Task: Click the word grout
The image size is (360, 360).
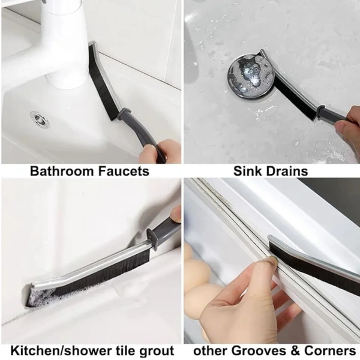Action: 156,351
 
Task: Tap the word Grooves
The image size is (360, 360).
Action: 258,350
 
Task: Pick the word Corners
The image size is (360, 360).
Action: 330,350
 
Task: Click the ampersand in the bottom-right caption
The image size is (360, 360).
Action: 295,350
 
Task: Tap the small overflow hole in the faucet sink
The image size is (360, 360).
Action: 40,119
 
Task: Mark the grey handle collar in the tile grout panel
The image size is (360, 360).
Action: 152,238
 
